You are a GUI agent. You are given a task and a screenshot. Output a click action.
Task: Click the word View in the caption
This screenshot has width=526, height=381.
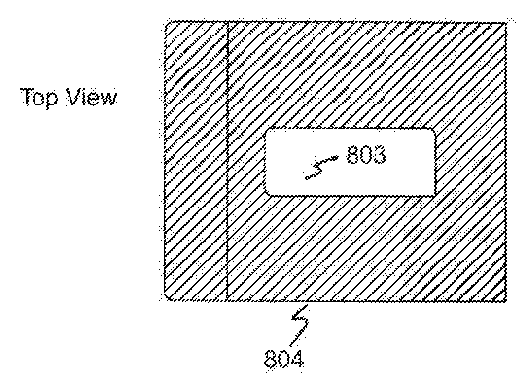click(x=92, y=98)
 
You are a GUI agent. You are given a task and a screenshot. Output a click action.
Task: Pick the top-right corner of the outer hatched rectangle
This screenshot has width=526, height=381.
click(x=506, y=22)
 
